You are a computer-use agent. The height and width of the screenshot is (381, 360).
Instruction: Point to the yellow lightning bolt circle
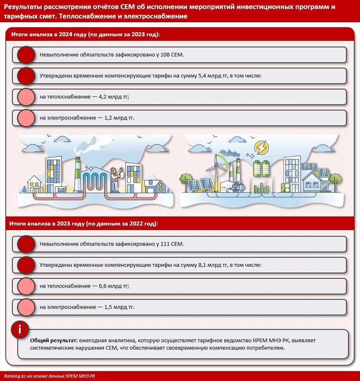point(261,147)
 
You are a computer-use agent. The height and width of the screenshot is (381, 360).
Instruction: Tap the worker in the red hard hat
point(114,179)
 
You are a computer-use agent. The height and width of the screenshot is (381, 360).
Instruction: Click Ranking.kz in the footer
point(15,376)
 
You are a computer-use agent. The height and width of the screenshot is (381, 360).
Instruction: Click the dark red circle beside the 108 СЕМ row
point(26,54)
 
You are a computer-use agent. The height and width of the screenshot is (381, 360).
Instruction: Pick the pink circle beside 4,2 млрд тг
point(26,97)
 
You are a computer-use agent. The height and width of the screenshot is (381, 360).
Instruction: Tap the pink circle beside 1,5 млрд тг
point(26,307)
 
